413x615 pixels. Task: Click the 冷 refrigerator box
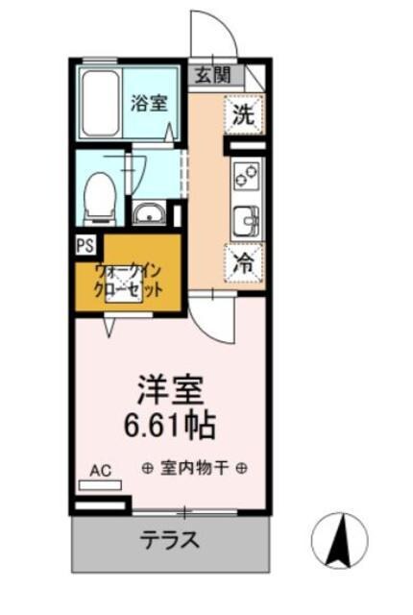click(245, 262)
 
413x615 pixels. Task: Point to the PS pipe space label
click(84, 246)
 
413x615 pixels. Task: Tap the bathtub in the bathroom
click(100, 104)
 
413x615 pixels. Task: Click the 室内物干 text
click(195, 468)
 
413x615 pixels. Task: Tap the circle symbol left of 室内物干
click(148, 468)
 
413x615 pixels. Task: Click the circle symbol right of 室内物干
click(242, 468)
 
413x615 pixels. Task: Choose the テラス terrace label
click(170, 540)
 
